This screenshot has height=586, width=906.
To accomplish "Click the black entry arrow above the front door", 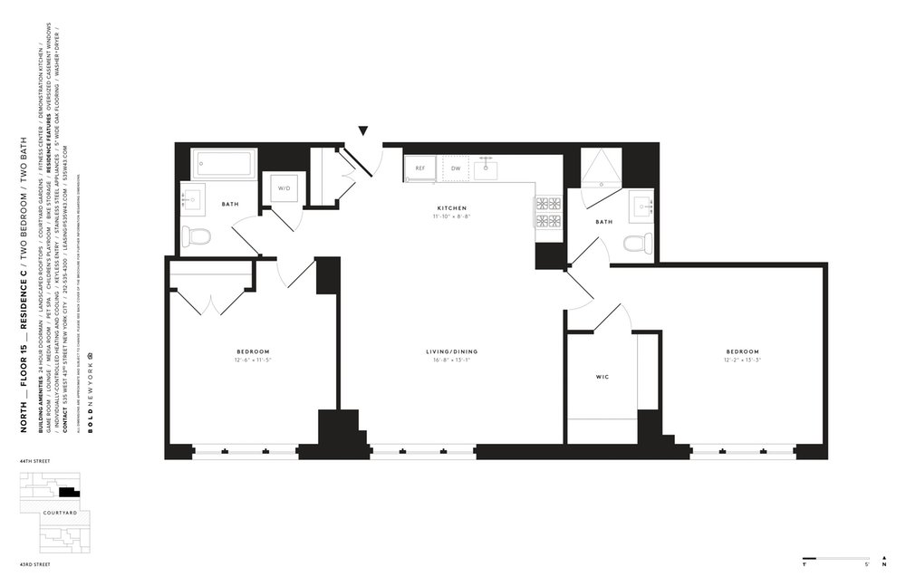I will pyautogui.click(x=363, y=131).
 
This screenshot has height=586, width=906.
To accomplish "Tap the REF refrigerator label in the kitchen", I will pyautogui.click(x=420, y=168).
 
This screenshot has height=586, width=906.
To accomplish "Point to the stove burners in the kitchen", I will pyautogui.click(x=548, y=212).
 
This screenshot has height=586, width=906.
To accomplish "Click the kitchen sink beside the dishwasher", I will pyautogui.click(x=487, y=168).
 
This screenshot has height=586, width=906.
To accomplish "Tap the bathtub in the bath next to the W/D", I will pyautogui.click(x=225, y=165).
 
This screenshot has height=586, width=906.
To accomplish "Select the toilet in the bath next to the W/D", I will pyautogui.click(x=196, y=236).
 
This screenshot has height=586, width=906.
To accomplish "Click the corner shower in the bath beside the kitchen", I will pyautogui.click(x=599, y=168).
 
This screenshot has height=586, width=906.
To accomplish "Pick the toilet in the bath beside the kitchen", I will pyautogui.click(x=638, y=243).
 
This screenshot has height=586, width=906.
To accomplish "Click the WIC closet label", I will pyautogui.click(x=602, y=376).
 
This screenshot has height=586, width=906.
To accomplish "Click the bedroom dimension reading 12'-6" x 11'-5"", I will pyautogui.click(x=254, y=360).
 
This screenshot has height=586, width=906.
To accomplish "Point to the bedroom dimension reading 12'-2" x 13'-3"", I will pyautogui.click(x=742, y=360).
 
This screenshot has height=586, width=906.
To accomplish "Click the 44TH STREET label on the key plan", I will pyautogui.click(x=32, y=462).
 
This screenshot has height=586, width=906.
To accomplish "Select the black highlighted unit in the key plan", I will pyautogui.click(x=67, y=492).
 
